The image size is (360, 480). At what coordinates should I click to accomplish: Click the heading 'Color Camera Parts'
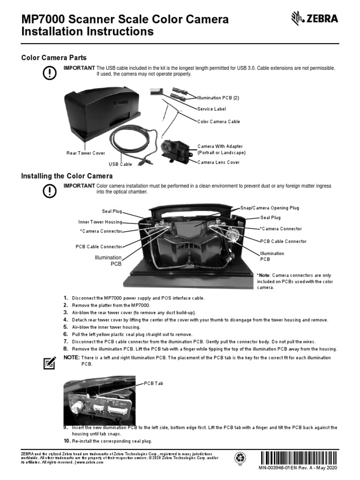coord(54,58)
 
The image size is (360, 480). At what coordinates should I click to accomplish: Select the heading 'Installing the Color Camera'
coord(67,176)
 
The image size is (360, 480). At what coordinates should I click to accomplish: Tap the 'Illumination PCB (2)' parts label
coord(218,98)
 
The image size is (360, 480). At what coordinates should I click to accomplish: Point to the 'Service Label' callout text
coord(211,109)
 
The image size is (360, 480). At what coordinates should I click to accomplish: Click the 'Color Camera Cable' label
coord(218,121)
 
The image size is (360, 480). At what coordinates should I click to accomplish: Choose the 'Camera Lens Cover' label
coord(218,162)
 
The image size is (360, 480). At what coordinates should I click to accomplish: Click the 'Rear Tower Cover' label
coord(86,153)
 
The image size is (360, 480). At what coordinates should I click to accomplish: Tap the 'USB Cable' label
coord(120,165)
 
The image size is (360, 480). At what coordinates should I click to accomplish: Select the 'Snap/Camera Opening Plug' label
coord(270,208)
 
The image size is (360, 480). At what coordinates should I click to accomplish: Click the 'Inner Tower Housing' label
coord(100,222)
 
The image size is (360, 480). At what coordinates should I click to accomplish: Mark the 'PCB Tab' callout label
coord(154,383)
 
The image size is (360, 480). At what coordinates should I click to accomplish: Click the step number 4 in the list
coord(66,320)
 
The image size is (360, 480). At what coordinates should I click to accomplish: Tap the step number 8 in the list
coord(66,349)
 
